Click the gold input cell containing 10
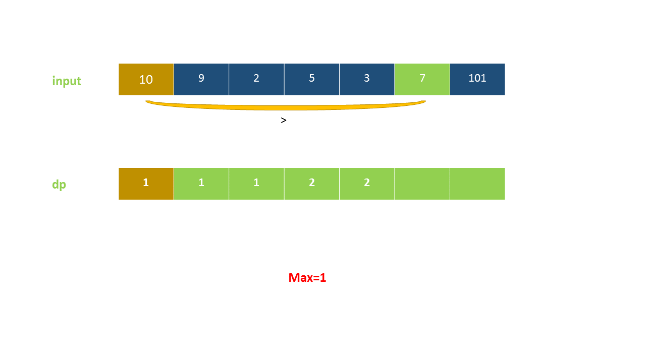146,79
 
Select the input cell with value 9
201,79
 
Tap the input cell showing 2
256,79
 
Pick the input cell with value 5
311,79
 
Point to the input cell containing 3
367,79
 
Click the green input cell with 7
422,79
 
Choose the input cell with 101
477,79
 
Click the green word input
67,81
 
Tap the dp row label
59,185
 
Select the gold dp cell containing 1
146,184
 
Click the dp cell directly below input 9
201,184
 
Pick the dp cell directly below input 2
256,184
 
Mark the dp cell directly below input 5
311,184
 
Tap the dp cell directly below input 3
367,184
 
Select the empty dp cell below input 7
422,184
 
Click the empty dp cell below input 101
477,184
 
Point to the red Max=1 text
307,278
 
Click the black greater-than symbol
284,120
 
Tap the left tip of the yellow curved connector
147,102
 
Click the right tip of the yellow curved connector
424,102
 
